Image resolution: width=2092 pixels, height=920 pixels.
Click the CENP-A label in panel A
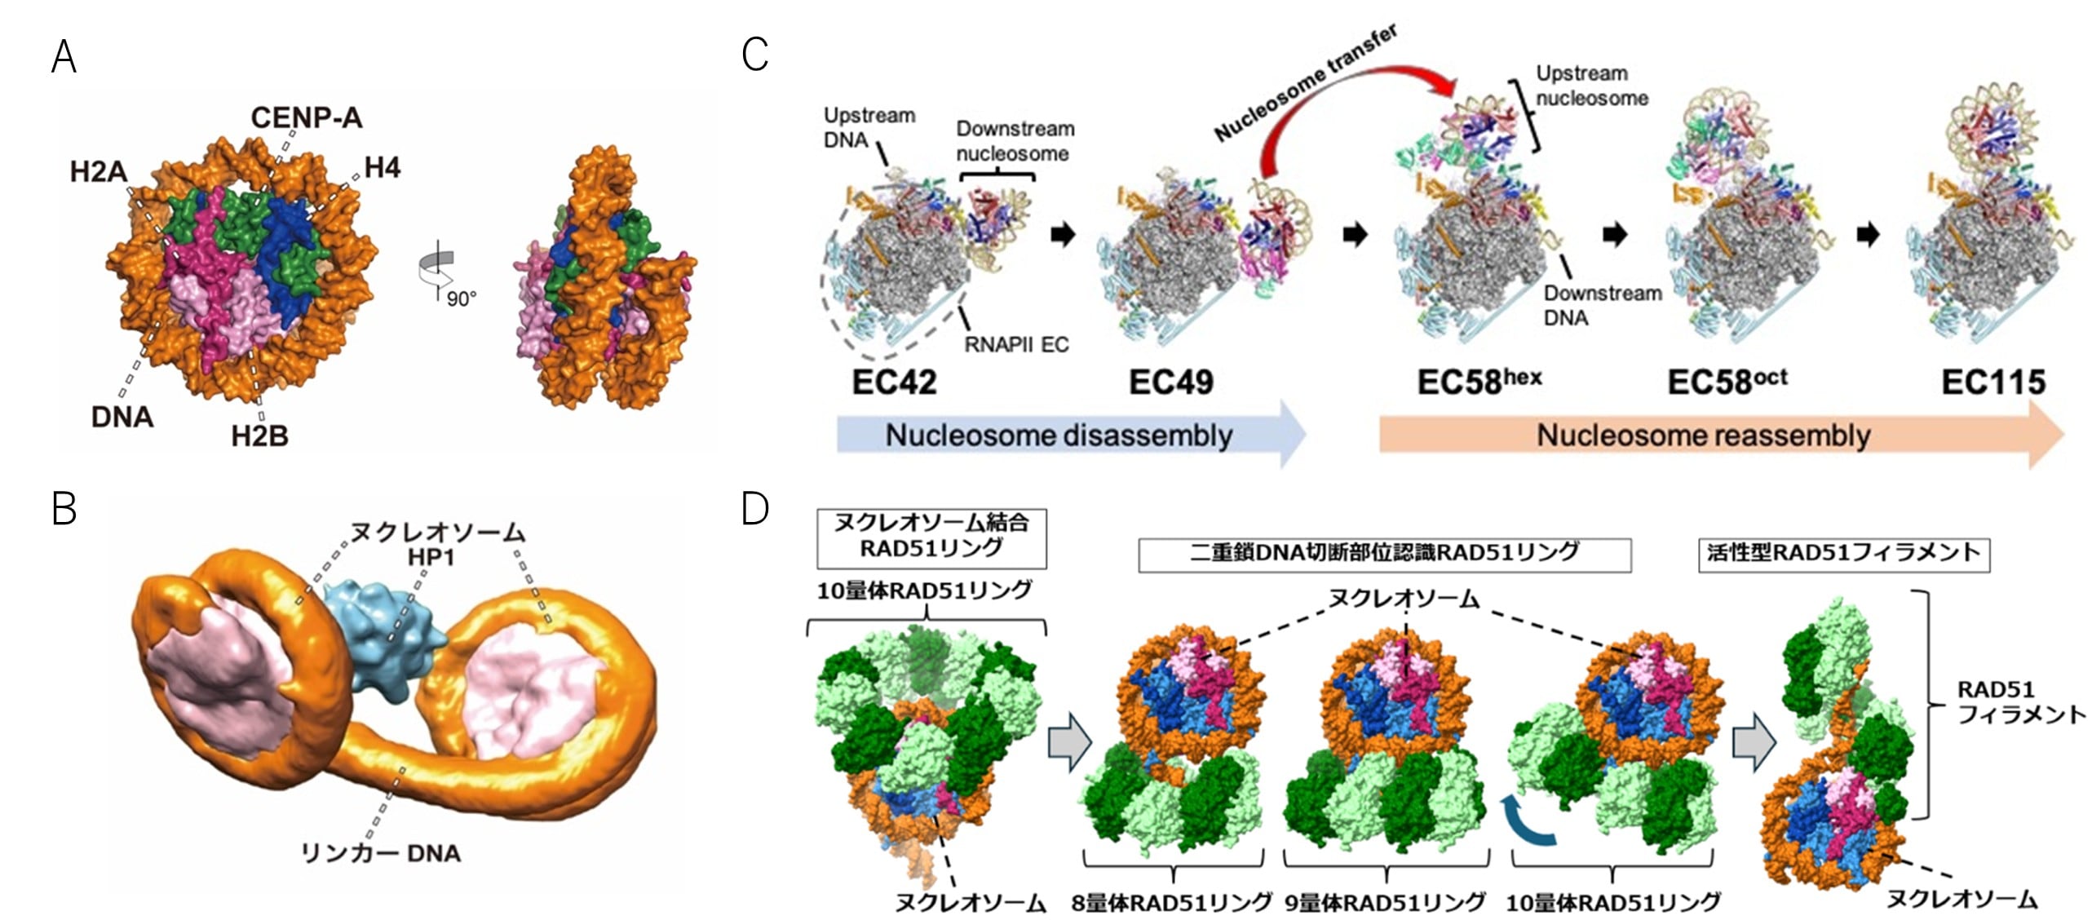pyautogui.click(x=306, y=118)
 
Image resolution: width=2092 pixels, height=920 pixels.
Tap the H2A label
pyautogui.click(x=99, y=172)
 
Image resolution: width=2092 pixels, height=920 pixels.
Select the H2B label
pyautogui.click(x=259, y=436)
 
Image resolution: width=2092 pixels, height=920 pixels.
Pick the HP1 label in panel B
pyautogui.click(x=431, y=557)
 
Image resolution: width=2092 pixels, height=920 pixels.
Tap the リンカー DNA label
pyautogui.click(x=381, y=853)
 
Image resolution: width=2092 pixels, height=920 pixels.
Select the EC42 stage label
pyautogui.click(x=894, y=382)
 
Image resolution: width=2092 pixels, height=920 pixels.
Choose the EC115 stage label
pyautogui.click(x=1992, y=382)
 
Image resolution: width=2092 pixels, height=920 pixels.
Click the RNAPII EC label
pyautogui.click(x=1015, y=344)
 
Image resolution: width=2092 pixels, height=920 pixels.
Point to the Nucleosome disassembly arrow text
pyautogui.click(x=1059, y=436)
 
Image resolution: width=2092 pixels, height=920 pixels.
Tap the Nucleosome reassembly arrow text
pyautogui.click(x=1703, y=436)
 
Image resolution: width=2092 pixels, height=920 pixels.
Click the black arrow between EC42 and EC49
pyautogui.click(x=1063, y=235)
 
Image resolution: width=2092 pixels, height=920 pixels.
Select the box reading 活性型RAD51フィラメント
pyautogui.click(x=1843, y=554)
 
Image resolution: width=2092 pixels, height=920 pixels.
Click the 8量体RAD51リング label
pyautogui.click(x=1171, y=902)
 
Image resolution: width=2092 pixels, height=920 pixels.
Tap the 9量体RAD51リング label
pyautogui.click(x=1385, y=902)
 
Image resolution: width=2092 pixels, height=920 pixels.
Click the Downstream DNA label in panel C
pyautogui.click(x=1602, y=305)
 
